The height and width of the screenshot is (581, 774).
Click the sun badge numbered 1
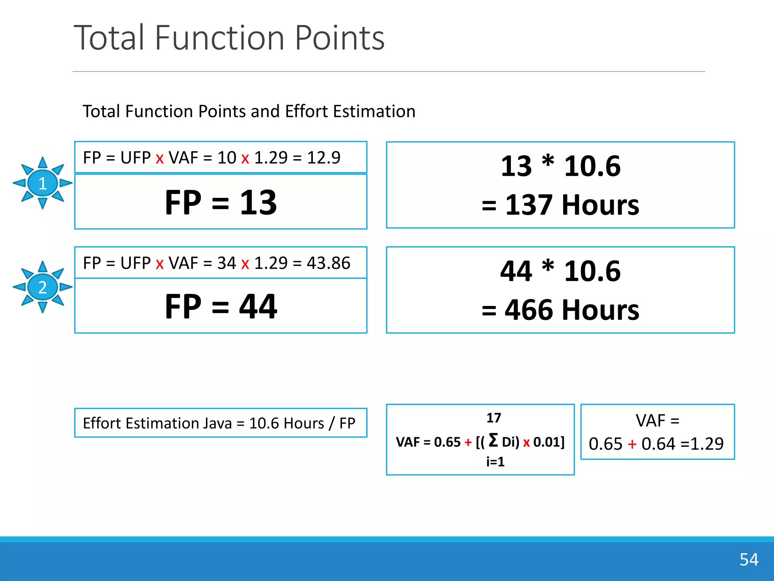click(x=43, y=183)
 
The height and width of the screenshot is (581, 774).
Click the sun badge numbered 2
click(x=43, y=287)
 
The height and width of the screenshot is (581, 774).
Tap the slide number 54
click(x=749, y=559)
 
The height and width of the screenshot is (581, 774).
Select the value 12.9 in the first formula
click(x=324, y=157)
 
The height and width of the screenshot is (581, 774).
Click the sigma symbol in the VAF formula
click(x=493, y=440)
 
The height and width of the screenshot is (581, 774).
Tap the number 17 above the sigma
click(x=494, y=418)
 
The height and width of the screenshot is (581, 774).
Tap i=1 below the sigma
click(x=495, y=461)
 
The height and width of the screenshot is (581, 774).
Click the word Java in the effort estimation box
click(x=217, y=423)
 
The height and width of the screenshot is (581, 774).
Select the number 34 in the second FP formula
click(x=226, y=263)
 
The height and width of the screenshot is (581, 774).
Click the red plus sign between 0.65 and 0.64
click(x=632, y=444)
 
